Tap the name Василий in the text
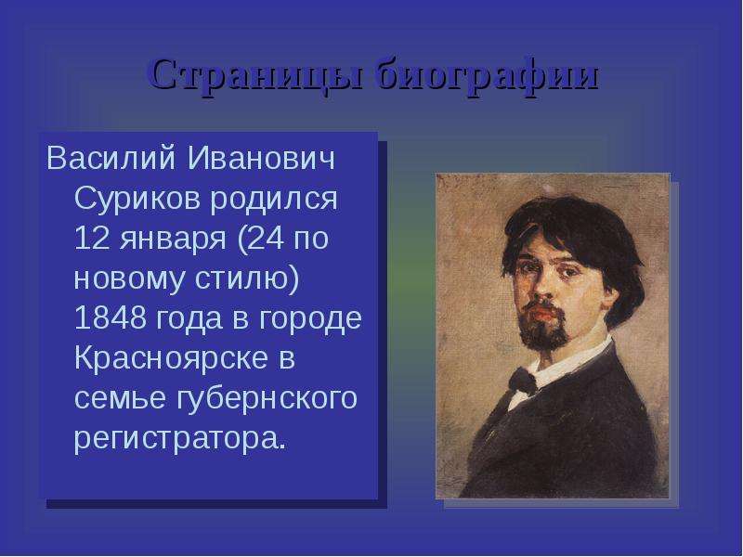[x=111, y=158]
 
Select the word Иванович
[x=261, y=158]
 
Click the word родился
[x=274, y=198]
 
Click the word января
[x=173, y=240]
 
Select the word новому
[x=129, y=280]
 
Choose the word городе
[x=310, y=319]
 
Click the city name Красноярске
[x=171, y=359]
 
